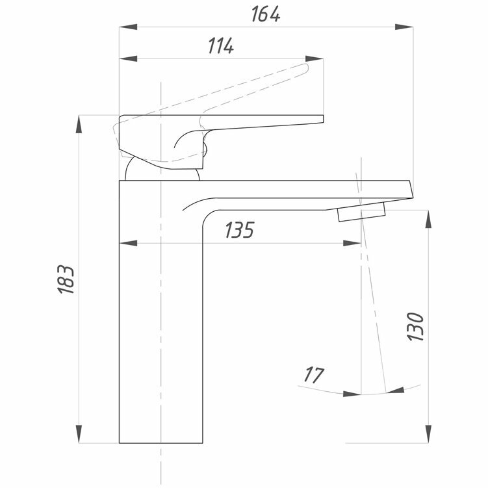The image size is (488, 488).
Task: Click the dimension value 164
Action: pyautogui.click(x=267, y=14)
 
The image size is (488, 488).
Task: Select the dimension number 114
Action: pyautogui.click(x=221, y=47)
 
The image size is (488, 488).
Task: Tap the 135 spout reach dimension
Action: pyautogui.click(x=239, y=231)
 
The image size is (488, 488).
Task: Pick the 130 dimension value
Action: pyautogui.click(x=416, y=327)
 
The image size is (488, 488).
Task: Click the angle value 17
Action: pyautogui.click(x=314, y=375)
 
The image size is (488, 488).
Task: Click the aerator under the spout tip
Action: pyautogui.click(x=361, y=211)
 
